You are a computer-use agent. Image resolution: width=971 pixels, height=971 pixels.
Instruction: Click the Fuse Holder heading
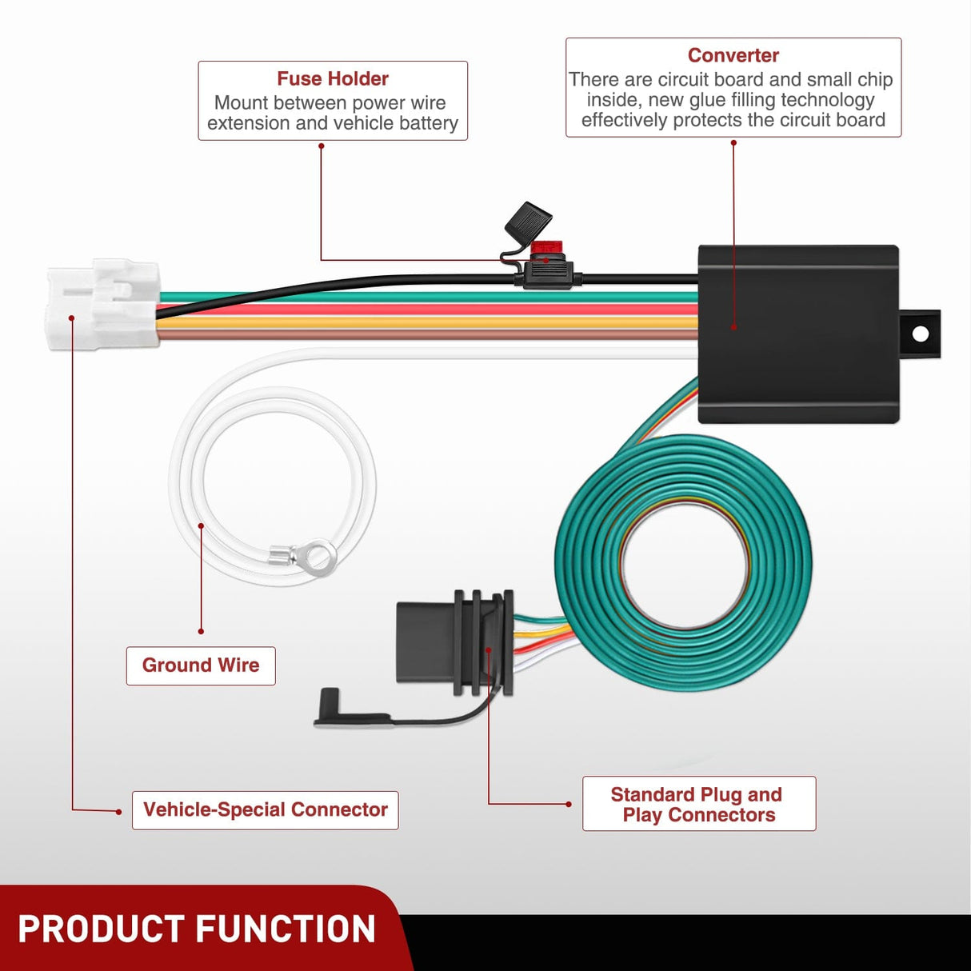(x=333, y=78)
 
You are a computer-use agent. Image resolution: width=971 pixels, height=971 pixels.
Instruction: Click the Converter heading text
(x=733, y=55)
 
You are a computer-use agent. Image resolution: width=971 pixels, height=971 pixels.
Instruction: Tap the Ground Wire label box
(x=201, y=665)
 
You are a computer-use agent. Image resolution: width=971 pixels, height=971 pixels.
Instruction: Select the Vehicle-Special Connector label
(x=265, y=809)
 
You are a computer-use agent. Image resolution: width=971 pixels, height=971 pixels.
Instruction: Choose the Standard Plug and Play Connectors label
(x=698, y=804)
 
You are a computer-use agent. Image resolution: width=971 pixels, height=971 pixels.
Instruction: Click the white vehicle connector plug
(x=102, y=304)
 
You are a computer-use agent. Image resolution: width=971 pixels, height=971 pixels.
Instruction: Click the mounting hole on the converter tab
(x=920, y=334)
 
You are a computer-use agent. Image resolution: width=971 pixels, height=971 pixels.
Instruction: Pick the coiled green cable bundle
(x=684, y=560)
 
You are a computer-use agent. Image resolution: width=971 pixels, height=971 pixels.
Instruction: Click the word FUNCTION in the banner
(x=286, y=929)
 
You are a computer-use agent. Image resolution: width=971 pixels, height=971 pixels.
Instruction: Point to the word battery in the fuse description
(x=429, y=123)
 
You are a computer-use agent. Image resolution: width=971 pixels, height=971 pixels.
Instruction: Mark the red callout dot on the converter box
(x=733, y=326)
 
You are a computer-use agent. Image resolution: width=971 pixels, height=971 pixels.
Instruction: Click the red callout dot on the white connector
(x=72, y=318)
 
